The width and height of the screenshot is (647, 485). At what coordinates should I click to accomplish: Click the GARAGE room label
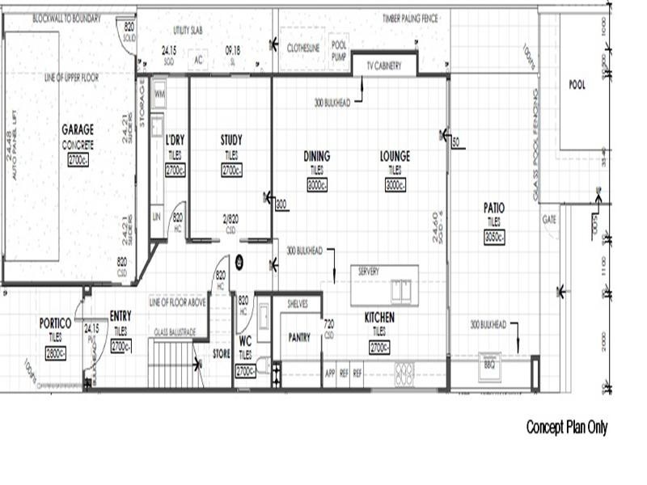(x=78, y=129)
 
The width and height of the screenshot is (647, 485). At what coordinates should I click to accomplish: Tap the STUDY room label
(x=231, y=140)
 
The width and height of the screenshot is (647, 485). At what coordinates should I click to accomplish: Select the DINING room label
(x=316, y=156)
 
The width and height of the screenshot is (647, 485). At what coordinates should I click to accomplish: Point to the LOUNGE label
(x=395, y=156)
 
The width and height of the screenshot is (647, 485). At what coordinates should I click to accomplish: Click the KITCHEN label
(x=379, y=318)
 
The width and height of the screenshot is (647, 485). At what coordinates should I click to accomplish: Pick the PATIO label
(x=494, y=208)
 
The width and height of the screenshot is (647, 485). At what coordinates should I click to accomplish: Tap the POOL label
(x=577, y=84)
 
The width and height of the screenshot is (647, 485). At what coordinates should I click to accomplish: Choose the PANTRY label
(x=298, y=338)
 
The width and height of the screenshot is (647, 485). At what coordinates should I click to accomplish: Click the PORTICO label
(x=56, y=323)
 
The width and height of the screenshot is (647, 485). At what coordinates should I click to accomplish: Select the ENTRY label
(x=121, y=317)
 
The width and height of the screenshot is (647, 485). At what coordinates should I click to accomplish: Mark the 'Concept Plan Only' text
(x=566, y=427)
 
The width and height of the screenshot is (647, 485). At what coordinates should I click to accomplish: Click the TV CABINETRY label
(x=384, y=65)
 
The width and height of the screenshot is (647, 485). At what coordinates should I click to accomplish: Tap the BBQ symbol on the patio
(x=489, y=364)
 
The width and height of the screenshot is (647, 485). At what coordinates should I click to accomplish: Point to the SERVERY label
(x=368, y=272)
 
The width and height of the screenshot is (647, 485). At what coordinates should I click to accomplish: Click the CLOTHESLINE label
(x=303, y=48)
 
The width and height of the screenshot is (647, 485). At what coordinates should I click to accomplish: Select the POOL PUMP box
(x=339, y=52)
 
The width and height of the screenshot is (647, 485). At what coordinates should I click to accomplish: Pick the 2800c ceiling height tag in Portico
(x=56, y=353)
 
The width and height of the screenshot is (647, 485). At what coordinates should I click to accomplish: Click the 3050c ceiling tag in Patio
(x=494, y=238)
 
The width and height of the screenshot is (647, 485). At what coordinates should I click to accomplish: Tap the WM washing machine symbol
(x=159, y=94)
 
